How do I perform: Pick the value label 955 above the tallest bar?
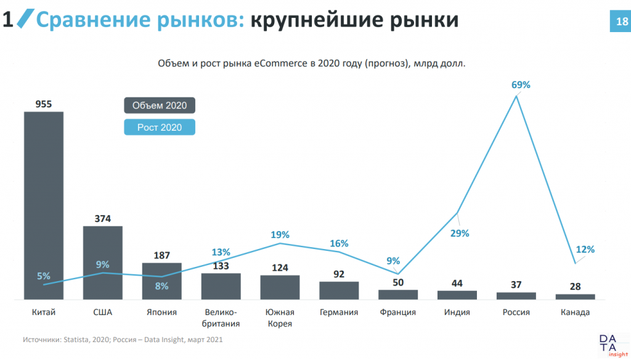(44, 104)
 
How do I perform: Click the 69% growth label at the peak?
(521, 85)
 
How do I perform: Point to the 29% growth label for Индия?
(460, 233)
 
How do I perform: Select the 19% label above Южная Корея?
(280, 234)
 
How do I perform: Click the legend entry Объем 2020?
(160, 105)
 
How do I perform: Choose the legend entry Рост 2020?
(160, 127)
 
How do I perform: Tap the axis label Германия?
(339, 313)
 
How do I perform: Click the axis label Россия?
(516, 313)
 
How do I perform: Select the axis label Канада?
(576, 313)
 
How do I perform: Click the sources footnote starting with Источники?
(123, 340)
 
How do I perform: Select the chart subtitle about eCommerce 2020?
(311, 63)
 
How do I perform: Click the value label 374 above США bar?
(103, 218)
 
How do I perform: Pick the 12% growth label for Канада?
(585, 250)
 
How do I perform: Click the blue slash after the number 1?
(23, 20)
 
